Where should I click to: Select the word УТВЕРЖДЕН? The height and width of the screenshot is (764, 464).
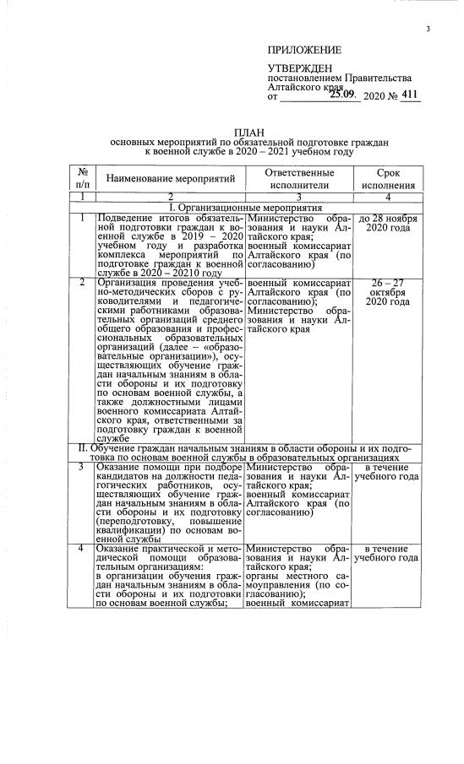299,68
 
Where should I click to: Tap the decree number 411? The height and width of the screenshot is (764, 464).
409,96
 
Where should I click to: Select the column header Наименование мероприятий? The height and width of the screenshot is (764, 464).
166,180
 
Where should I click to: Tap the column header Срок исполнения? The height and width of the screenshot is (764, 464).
388,179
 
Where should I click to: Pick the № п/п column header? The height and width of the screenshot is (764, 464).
81,179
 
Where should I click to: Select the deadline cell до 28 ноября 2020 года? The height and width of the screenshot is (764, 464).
388,224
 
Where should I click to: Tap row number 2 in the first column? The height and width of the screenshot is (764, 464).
81,282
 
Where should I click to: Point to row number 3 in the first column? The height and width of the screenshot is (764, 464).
81,467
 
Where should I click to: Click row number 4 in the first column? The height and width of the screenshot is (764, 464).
81,549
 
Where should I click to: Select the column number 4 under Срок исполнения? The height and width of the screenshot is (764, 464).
388,197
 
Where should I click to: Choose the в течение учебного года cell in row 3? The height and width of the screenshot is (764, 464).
388,472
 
